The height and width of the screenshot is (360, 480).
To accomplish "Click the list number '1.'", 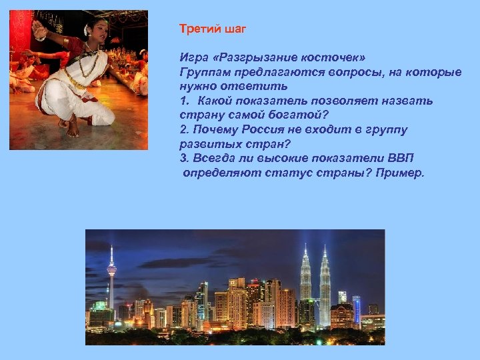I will pos(185,101).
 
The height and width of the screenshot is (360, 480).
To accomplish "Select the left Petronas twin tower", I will pos(305,280).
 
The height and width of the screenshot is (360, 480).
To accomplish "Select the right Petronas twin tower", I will pos(325,280).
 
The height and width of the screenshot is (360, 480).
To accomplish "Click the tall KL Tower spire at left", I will pos(111,273).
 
